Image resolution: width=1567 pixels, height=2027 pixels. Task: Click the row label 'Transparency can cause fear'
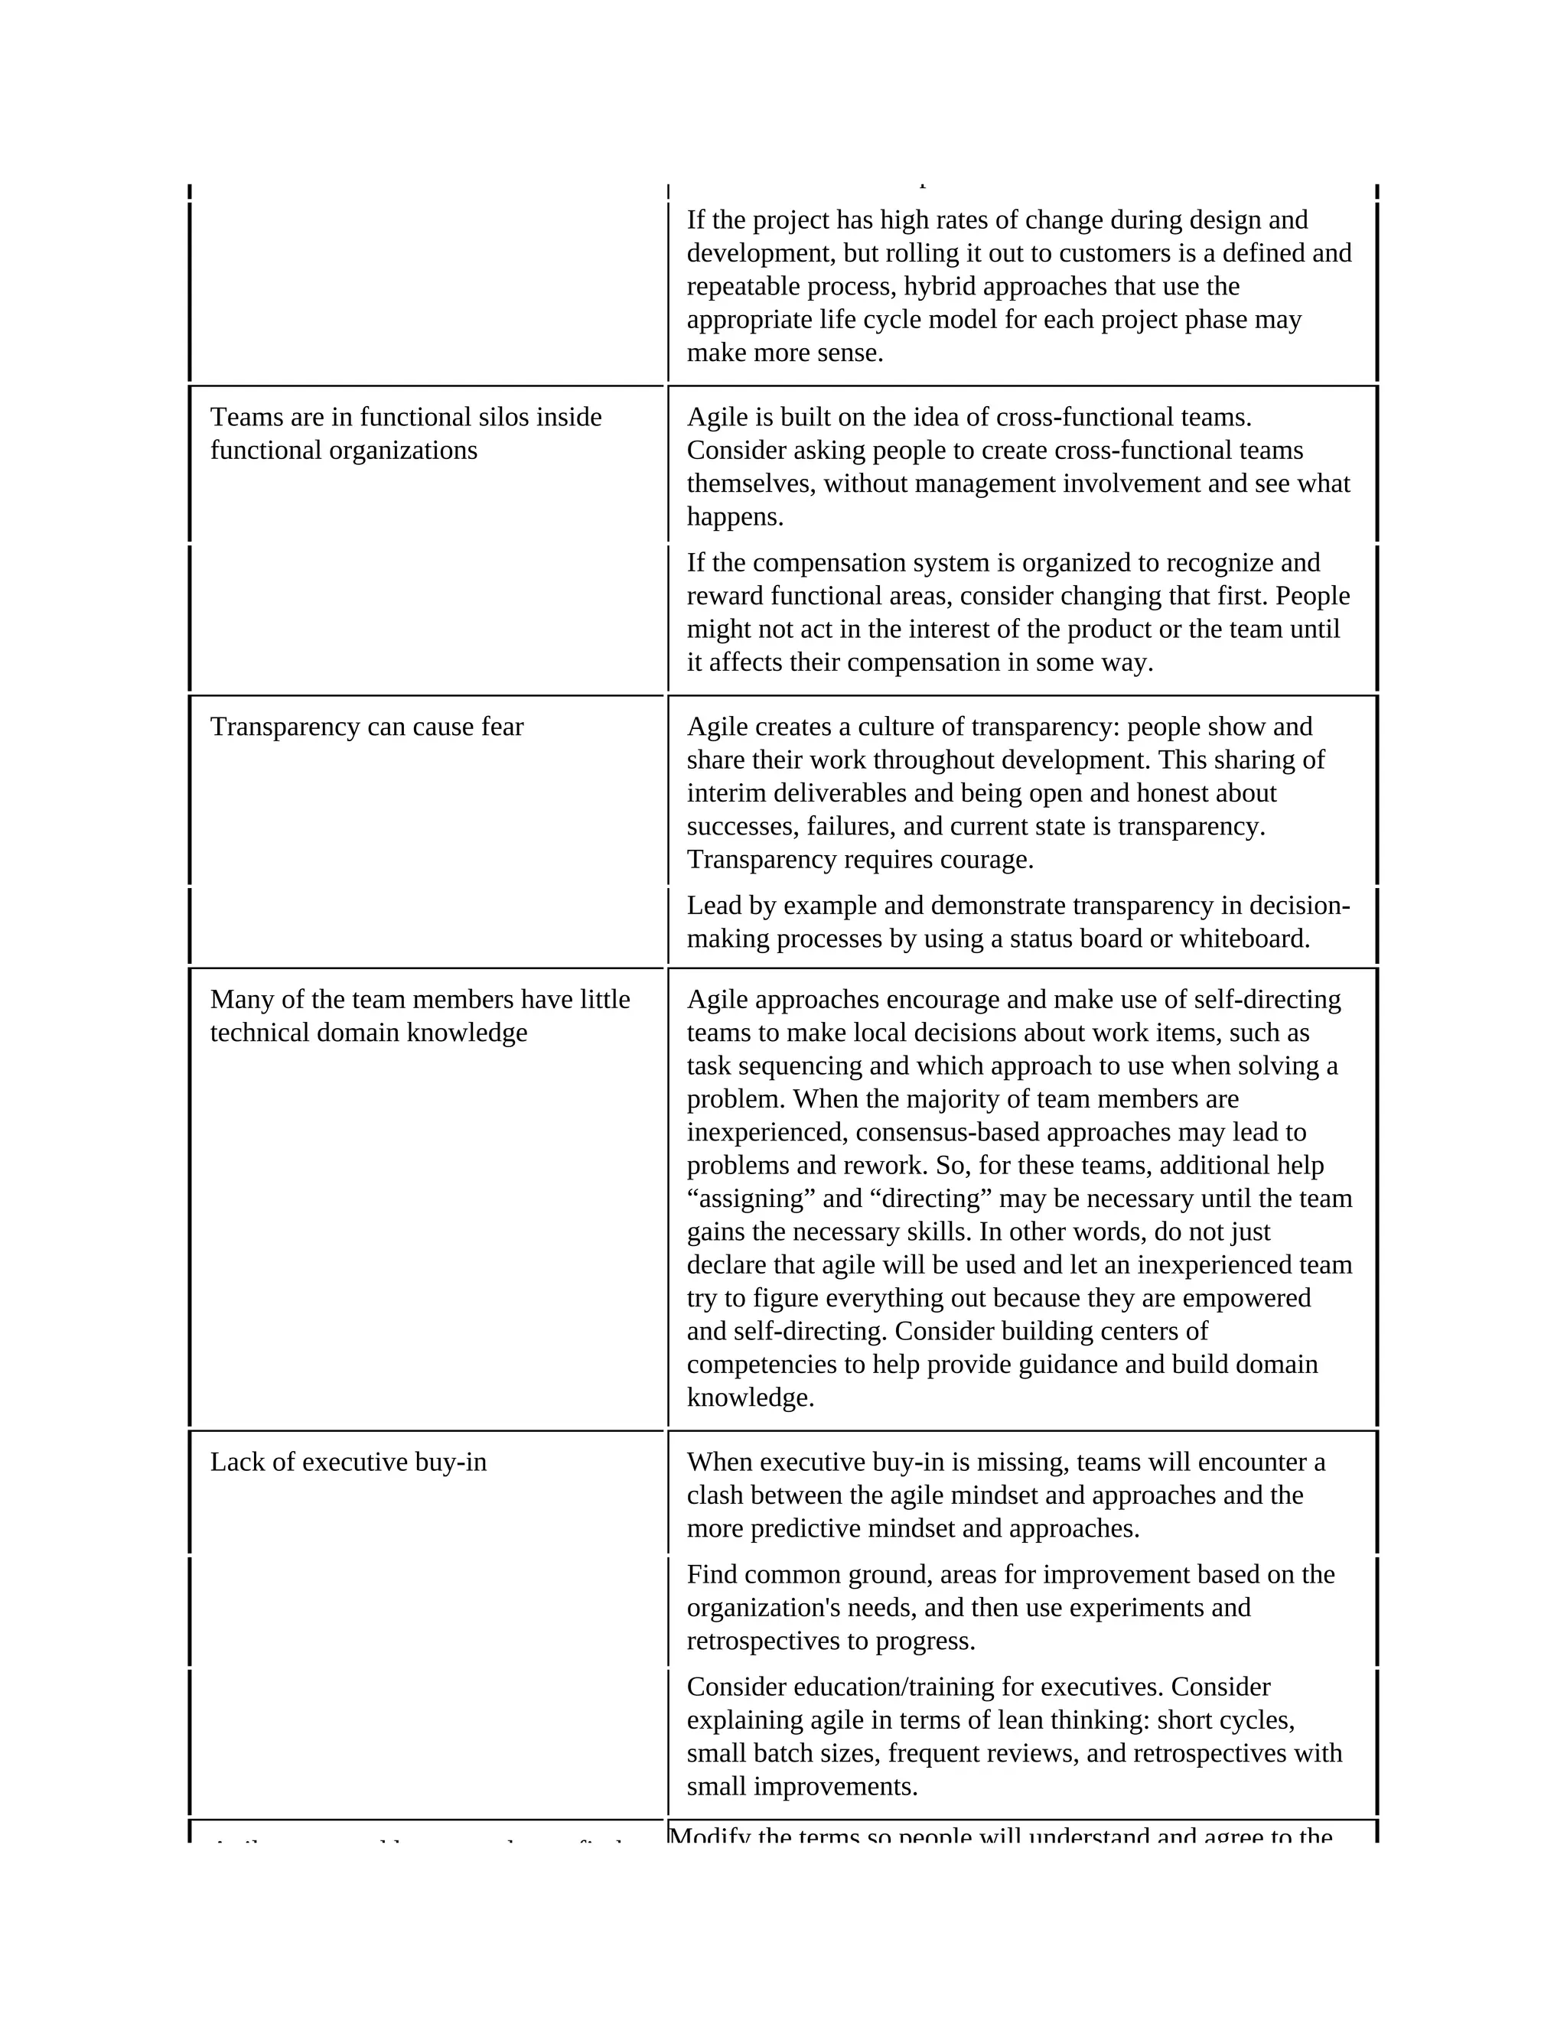pos(367,727)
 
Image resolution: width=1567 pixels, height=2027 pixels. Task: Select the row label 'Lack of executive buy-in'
pos(348,1462)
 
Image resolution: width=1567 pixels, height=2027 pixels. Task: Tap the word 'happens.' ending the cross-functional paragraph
pos(735,517)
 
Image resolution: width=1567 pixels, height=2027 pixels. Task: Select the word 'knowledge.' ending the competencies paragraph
pos(750,1397)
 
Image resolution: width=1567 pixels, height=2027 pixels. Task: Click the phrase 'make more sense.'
pos(784,353)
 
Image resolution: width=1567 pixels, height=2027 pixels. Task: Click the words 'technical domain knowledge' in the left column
pos(369,1033)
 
